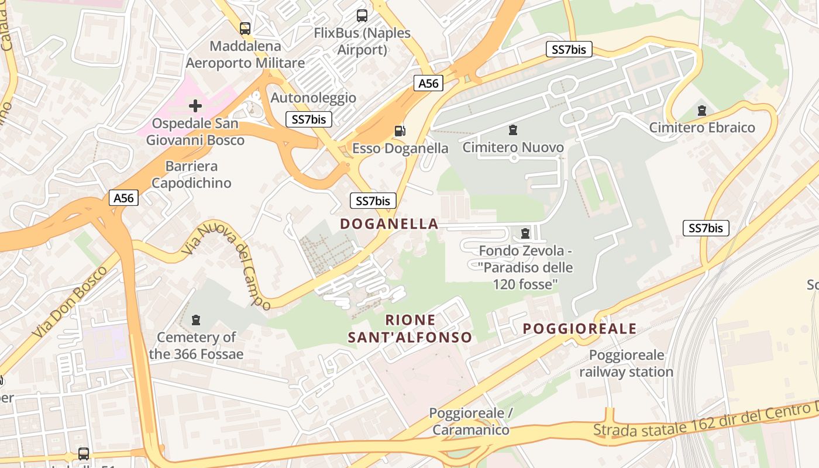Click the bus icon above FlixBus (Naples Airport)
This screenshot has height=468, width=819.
pyautogui.click(x=362, y=16)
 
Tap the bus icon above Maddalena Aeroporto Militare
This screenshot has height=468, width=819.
pyautogui.click(x=245, y=28)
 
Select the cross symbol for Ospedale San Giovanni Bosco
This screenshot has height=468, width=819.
pyautogui.click(x=195, y=106)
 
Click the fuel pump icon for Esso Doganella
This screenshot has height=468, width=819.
pyautogui.click(x=400, y=131)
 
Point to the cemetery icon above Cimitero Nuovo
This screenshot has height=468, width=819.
pyautogui.click(x=513, y=130)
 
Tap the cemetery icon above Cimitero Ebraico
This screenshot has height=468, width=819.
pyautogui.click(x=702, y=110)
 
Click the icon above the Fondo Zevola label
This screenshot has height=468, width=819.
pyautogui.click(x=525, y=233)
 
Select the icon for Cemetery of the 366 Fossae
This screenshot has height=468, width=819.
pyautogui.click(x=196, y=320)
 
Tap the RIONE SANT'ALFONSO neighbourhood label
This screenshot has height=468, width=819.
pyautogui.click(x=410, y=329)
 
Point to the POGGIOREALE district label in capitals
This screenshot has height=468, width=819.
pyautogui.click(x=579, y=329)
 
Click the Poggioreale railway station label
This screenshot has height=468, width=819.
pyautogui.click(x=627, y=363)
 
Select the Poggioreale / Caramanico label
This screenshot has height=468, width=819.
pyautogui.click(x=471, y=421)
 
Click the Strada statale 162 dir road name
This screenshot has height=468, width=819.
pyautogui.click(x=702, y=422)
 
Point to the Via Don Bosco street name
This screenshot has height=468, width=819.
pyautogui.click(x=70, y=302)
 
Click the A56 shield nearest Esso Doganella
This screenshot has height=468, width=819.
pyautogui.click(x=428, y=83)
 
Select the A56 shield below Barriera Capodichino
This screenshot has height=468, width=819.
pyautogui.click(x=124, y=198)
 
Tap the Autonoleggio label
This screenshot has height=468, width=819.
pyautogui.click(x=313, y=98)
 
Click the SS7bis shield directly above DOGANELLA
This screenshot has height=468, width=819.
pyautogui.click(x=373, y=201)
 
